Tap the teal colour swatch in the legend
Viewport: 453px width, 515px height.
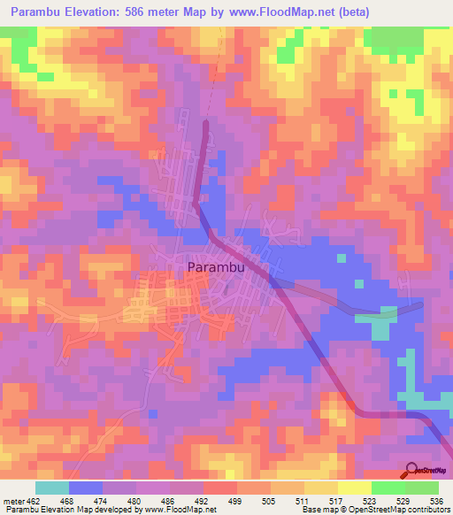(x=51, y=488)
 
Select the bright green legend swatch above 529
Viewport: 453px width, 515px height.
(x=388, y=488)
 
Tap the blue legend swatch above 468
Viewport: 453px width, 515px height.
(x=85, y=488)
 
